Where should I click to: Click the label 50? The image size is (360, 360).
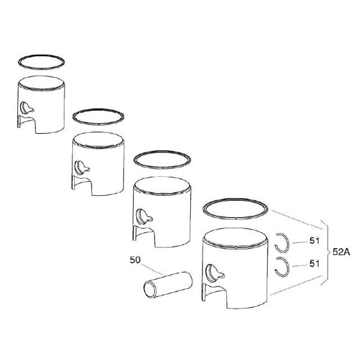(x=135, y=260)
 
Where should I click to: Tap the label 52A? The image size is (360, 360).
(x=341, y=252)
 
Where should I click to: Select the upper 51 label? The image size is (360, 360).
(x=314, y=241)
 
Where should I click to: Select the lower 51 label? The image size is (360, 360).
(x=314, y=264)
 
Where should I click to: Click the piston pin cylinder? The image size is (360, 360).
(x=168, y=285)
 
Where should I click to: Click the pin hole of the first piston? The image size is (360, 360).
(x=25, y=107)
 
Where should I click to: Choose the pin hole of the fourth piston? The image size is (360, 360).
(x=211, y=272)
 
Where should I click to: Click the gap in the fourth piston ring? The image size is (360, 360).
(x=236, y=218)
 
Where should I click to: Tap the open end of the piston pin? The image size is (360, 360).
(x=150, y=290)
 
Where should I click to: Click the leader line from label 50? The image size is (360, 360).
(x=152, y=269)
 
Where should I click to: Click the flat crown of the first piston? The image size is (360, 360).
(x=41, y=83)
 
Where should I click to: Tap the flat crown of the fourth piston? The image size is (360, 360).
(x=235, y=237)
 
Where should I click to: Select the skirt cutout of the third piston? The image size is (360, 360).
(x=144, y=236)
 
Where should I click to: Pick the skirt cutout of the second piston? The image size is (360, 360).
(x=82, y=185)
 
